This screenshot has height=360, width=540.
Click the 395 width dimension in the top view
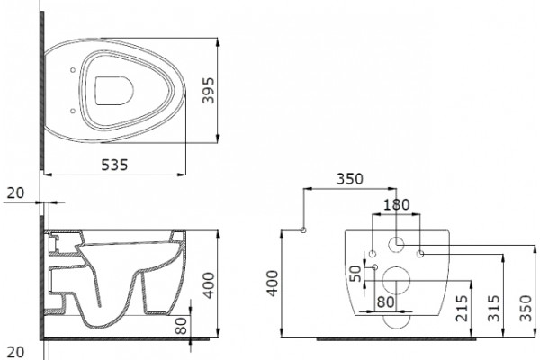point(209,91)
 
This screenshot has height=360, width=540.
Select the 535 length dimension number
point(114,165)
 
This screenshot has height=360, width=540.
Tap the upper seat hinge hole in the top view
point(73,70)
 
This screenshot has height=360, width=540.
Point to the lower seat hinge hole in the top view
point(73,111)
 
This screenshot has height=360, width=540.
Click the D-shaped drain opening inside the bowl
point(114,91)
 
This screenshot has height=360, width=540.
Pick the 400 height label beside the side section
point(209,285)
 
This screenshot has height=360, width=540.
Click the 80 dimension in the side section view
point(181,326)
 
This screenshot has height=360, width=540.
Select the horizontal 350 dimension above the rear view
point(349,179)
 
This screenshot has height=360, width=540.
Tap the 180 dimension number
point(396,205)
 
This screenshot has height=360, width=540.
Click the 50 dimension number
point(355,274)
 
